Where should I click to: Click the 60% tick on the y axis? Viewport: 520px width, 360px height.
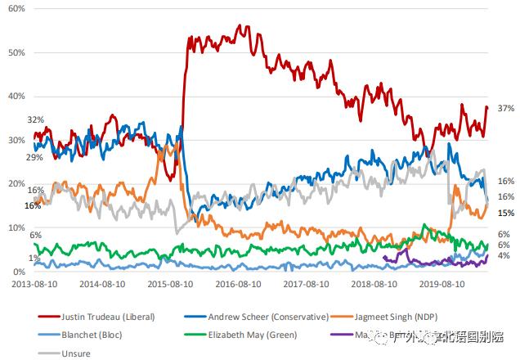click(16, 7)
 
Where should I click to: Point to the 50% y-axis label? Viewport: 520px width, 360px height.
click(16, 52)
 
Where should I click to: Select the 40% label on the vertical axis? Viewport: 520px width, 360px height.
click(16, 96)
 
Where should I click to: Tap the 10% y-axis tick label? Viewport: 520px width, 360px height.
click(16, 227)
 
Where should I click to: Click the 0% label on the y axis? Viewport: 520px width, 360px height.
click(19, 272)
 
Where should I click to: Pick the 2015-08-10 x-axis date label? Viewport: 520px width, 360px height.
click(171, 286)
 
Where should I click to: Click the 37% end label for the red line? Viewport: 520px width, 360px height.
click(505, 109)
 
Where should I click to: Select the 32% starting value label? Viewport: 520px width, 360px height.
click(35, 119)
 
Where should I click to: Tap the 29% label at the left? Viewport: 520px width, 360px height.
click(34, 157)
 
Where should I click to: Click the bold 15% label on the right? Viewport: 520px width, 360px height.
click(505, 213)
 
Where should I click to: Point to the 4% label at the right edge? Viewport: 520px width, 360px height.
click(504, 255)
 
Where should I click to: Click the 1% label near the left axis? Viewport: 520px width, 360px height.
click(35, 259)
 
